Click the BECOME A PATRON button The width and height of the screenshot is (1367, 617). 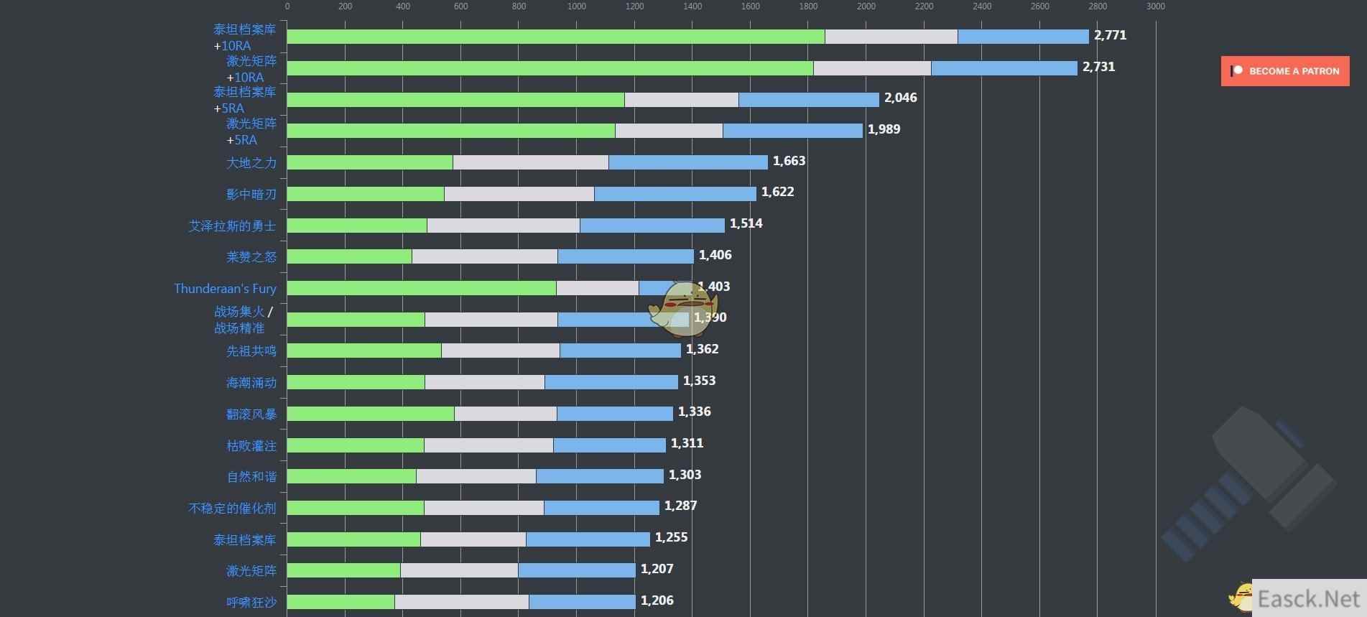[x=1284, y=71]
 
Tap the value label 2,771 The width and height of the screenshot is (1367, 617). [x=1110, y=35]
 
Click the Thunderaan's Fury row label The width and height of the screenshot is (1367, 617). [x=225, y=288]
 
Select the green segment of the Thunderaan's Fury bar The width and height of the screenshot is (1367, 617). [x=421, y=288]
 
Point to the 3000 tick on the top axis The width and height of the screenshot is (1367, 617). [x=1155, y=6]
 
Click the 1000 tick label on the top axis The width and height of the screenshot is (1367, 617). [x=576, y=6]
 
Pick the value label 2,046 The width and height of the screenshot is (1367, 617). [x=900, y=98]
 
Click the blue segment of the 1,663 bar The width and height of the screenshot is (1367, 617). [x=687, y=162]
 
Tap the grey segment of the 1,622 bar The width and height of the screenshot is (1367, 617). [x=519, y=194]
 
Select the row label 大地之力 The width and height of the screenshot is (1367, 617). [x=251, y=163]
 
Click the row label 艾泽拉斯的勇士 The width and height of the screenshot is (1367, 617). [x=232, y=226]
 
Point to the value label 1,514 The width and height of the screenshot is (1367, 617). [x=746, y=223]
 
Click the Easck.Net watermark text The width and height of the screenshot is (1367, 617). [x=1308, y=599]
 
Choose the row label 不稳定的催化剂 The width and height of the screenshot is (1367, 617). [x=232, y=508]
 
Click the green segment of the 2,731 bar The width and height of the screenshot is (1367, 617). [x=550, y=68]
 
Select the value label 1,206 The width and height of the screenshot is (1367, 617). [x=657, y=600]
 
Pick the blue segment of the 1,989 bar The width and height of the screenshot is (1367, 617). [x=792, y=131]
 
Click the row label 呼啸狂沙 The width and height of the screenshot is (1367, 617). [x=251, y=602]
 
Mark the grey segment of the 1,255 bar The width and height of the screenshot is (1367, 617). [x=473, y=539]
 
